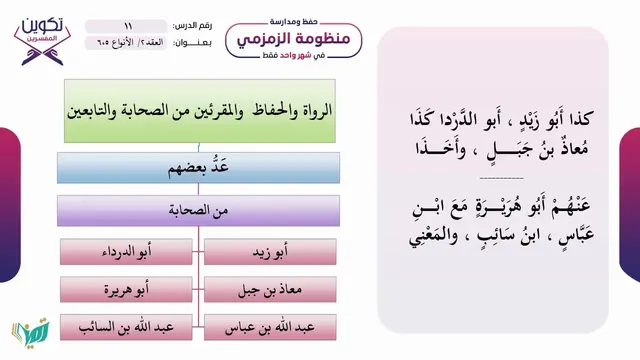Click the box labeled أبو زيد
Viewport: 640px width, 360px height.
pos(270,252)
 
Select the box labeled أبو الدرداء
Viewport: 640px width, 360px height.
pos(126,252)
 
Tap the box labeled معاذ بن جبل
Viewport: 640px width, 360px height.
pos(270,289)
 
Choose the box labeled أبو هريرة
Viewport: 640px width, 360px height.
pos(126,289)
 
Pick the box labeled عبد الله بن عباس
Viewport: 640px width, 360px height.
pos(270,327)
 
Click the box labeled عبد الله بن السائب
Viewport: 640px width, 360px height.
pos(126,327)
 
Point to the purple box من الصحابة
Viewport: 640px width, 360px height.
pos(198,211)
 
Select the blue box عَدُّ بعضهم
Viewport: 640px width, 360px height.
pos(198,168)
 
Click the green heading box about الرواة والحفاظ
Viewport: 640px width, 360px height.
pos(200,111)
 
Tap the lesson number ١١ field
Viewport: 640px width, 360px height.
pos(126,26)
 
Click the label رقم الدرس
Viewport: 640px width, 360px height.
pos(192,26)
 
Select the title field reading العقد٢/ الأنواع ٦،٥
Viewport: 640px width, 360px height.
pos(126,42)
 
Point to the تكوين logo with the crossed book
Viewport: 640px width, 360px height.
pos(42,41)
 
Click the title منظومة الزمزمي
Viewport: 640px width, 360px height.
pos(293,39)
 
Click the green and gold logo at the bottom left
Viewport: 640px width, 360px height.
pos(31,331)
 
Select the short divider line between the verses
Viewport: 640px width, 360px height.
pos(501,178)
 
